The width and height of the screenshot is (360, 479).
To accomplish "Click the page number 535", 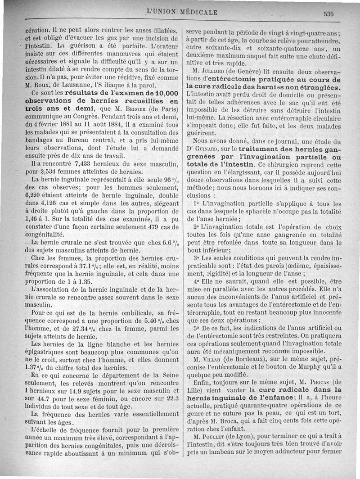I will (328, 14).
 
